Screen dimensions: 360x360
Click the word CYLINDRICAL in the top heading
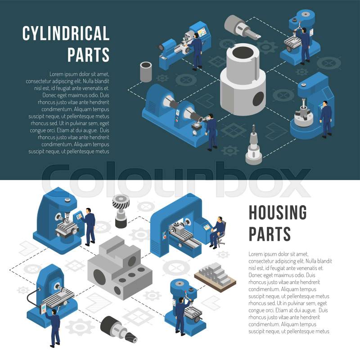pos(66,33)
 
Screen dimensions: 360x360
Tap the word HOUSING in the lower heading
pos(278,212)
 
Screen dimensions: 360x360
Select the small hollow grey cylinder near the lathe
pos(146,72)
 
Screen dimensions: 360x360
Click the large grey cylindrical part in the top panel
pos(243,79)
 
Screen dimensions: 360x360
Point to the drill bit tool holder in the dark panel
pos(253,145)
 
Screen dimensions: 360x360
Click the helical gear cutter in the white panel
pos(121,211)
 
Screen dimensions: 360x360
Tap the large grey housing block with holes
pos(120,267)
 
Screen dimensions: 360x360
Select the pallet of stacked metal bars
pos(215,276)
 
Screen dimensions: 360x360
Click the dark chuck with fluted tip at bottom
pos(118,329)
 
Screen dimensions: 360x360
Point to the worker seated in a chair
pos(216,232)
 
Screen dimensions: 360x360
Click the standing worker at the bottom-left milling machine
pos(54,328)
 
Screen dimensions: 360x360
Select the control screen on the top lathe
pos(202,32)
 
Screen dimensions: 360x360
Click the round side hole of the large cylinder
pos(258,99)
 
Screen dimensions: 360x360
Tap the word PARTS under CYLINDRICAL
pos(88,54)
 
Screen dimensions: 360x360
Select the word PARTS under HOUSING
pos(270,234)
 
